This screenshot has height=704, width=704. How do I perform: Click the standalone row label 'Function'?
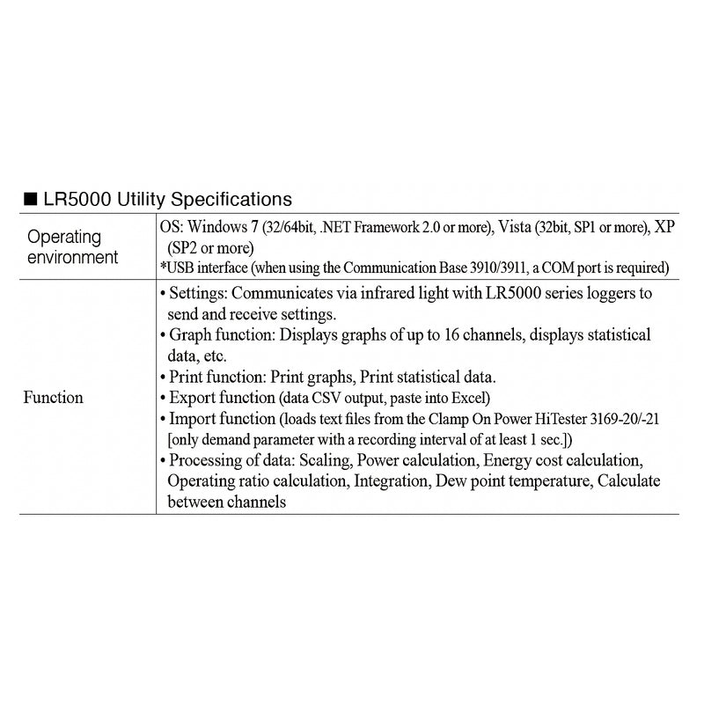(x=53, y=397)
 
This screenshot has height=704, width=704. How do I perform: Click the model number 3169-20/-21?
(x=631, y=419)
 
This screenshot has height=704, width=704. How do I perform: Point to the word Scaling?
(x=330, y=460)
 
